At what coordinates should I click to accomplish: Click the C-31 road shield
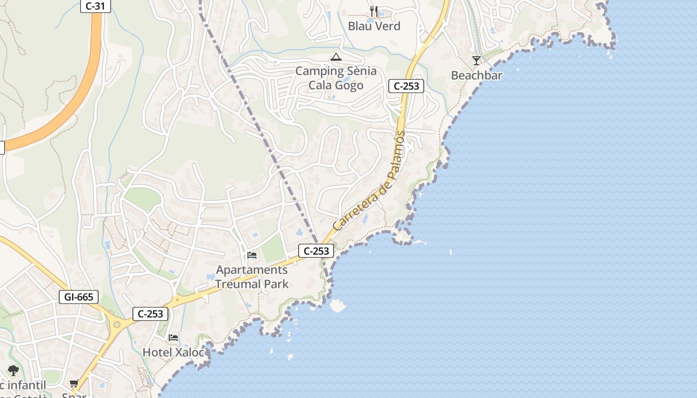coord(96,6)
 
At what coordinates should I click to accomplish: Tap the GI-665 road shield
coord(79,297)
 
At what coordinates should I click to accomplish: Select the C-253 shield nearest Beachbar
coord(406,86)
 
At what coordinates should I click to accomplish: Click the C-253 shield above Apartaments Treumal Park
coord(316,251)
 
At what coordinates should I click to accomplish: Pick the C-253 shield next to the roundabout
coord(150,314)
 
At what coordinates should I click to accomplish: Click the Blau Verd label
coord(374,26)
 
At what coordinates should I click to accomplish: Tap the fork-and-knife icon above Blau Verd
coord(374,11)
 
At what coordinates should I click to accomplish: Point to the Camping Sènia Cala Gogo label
coord(336,78)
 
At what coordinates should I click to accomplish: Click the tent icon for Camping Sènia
coord(336,57)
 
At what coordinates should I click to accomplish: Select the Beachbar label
coord(476,76)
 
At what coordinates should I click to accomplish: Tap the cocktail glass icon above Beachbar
coord(476,61)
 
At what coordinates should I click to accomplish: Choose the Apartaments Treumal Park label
coord(252,277)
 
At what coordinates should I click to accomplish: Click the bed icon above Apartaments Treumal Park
coord(252,256)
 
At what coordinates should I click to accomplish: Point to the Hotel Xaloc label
coord(173,352)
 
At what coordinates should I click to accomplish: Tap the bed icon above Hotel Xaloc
coord(173,338)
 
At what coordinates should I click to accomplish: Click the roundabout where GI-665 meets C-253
coord(117,325)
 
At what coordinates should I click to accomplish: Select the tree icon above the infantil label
coord(13,370)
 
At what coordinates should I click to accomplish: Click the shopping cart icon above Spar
coord(74,384)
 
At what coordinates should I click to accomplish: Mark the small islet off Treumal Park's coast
coord(338,305)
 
